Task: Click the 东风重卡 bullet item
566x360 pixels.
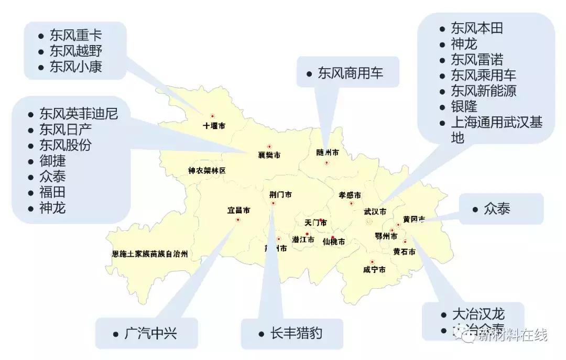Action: pyautogui.click(x=75, y=36)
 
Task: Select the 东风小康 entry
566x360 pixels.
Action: pyautogui.click(x=75, y=67)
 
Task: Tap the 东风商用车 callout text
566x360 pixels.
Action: pyautogui.click(x=351, y=73)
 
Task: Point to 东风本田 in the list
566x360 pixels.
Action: pyautogui.click(x=477, y=28)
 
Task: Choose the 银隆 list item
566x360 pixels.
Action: pyautogui.click(x=464, y=106)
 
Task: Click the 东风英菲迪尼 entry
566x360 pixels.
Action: pyautogui.click(x=79, y=114)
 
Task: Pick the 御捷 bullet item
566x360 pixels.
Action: pyautogui.click(x=52, y=161)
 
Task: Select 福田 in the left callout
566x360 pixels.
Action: pyautogui.click(x=52, y=192)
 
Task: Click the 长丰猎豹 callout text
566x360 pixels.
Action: pyautogui.click(x=296, y=333)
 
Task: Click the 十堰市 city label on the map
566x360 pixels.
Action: pyautogui.click(x=214, y=126)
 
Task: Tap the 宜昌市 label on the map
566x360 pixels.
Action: pyautogui.click(x=238, y=211)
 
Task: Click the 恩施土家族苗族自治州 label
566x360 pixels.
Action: pyautogui.click(x=150, y=254)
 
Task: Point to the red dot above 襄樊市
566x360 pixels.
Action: pyautogui.click(x=269, y=147)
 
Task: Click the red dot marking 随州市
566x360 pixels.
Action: pyautogui.click(x=326, y=162)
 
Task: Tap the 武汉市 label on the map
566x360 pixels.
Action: pyautogui.click(x=375, y=212)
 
